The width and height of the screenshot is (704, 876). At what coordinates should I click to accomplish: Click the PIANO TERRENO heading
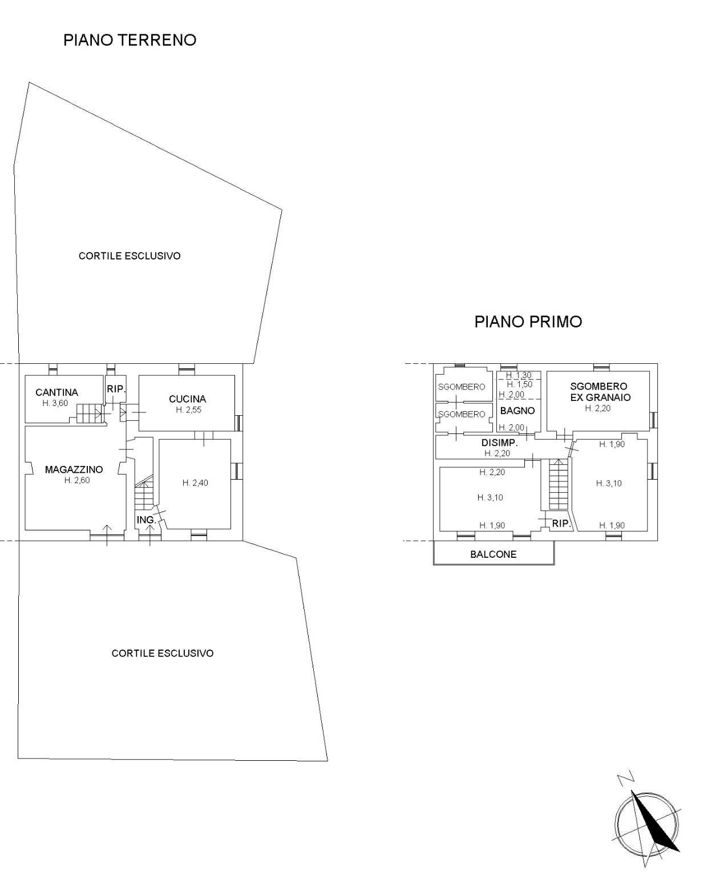(130, 40)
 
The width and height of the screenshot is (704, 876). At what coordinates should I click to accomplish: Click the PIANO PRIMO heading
(528, 322)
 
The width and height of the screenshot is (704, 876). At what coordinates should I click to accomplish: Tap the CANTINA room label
(56, 392)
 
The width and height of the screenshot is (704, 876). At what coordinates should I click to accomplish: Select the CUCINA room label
(187, 399)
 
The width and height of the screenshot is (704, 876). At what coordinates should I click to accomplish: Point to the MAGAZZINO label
(74, 470)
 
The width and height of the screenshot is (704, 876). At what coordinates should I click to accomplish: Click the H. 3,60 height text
(55, 403)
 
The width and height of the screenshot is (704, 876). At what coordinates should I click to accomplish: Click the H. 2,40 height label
(195, 483)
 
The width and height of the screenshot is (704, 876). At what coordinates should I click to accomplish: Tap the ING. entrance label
(146, 520)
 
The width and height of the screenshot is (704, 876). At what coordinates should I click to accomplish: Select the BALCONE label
(493, 554)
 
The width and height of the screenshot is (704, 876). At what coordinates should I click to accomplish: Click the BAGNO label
(517, 411)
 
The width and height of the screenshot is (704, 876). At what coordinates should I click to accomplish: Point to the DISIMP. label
(499, 443)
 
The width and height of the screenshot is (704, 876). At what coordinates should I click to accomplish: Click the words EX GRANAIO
(600, 398)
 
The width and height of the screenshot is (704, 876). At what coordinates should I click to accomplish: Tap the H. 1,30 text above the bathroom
(519, 375)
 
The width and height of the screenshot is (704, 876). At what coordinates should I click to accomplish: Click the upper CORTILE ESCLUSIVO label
(130, 256)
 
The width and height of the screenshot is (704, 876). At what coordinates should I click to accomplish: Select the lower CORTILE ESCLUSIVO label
(163, 654)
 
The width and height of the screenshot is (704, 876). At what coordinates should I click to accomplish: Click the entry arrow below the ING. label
(150, 534)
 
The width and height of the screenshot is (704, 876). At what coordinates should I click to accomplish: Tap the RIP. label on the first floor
(561, 523)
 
